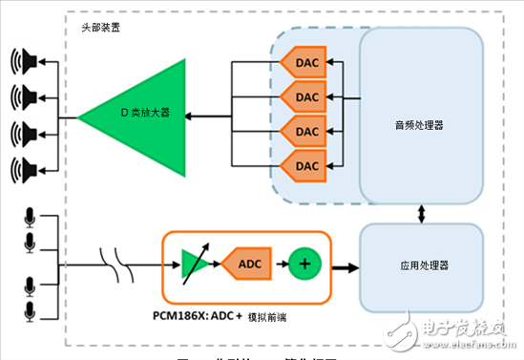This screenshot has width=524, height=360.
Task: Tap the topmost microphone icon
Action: (x=28, y=215)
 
